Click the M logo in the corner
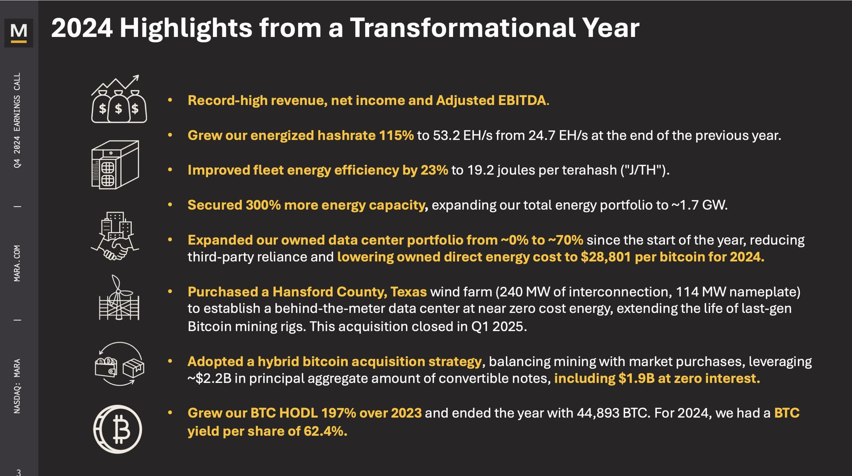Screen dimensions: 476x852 coord(19,32)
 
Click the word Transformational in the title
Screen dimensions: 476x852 coord(462,28)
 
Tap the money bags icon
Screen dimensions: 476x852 coord(118,99)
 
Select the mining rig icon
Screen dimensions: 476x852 coord(115,164)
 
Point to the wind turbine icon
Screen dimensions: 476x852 coord(118,298)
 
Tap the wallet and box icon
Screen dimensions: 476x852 coord(119,364)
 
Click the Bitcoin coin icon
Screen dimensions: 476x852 coord(118,429)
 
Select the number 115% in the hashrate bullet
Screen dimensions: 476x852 coord(396,135)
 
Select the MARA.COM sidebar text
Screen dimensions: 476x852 coord(17,263)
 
